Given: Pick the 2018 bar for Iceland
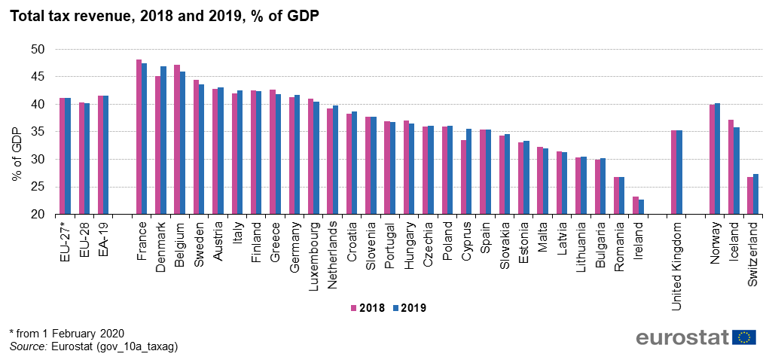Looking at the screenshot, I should [x=731, y=167].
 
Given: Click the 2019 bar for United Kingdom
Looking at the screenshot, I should [x=679, y=172].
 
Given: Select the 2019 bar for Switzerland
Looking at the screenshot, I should [x=755, y=194].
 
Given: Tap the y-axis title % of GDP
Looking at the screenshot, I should [x=17, y=154].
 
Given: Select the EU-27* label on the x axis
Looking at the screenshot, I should [x=66, y=240].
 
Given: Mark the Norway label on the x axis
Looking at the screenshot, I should [x=714, y=239].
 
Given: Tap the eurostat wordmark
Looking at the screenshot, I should [x=682, y=337].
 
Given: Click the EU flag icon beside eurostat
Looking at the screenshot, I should [x=744, y=337].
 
